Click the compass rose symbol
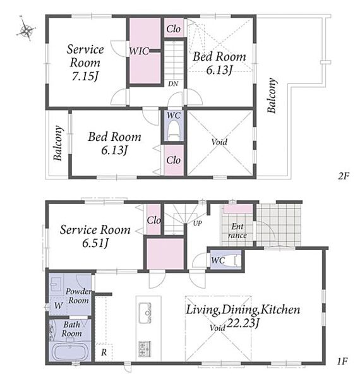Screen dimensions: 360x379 point(26,30)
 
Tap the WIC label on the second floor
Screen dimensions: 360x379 point(139,51)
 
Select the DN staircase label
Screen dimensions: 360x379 point(173,83)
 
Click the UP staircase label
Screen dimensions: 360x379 point(198,223)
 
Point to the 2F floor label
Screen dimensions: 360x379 point(344,176)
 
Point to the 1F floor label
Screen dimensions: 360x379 point(342,361)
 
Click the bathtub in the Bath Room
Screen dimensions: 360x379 point(70,352)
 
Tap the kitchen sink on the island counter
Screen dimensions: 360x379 point(145,313)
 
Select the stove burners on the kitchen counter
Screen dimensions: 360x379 point(145,349)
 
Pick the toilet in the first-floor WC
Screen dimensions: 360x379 point(231,260)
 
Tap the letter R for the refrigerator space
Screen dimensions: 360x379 point(104,352)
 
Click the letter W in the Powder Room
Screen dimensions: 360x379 point(59,306)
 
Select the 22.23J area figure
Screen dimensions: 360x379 point(243,323)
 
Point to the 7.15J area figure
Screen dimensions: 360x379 point(85,76)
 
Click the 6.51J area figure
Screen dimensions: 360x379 point(95,243)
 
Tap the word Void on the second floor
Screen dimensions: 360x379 point(219,142)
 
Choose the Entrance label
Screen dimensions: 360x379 point(237,231)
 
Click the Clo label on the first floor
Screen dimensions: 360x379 point(154,220)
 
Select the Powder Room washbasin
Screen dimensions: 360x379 point(56,284)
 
